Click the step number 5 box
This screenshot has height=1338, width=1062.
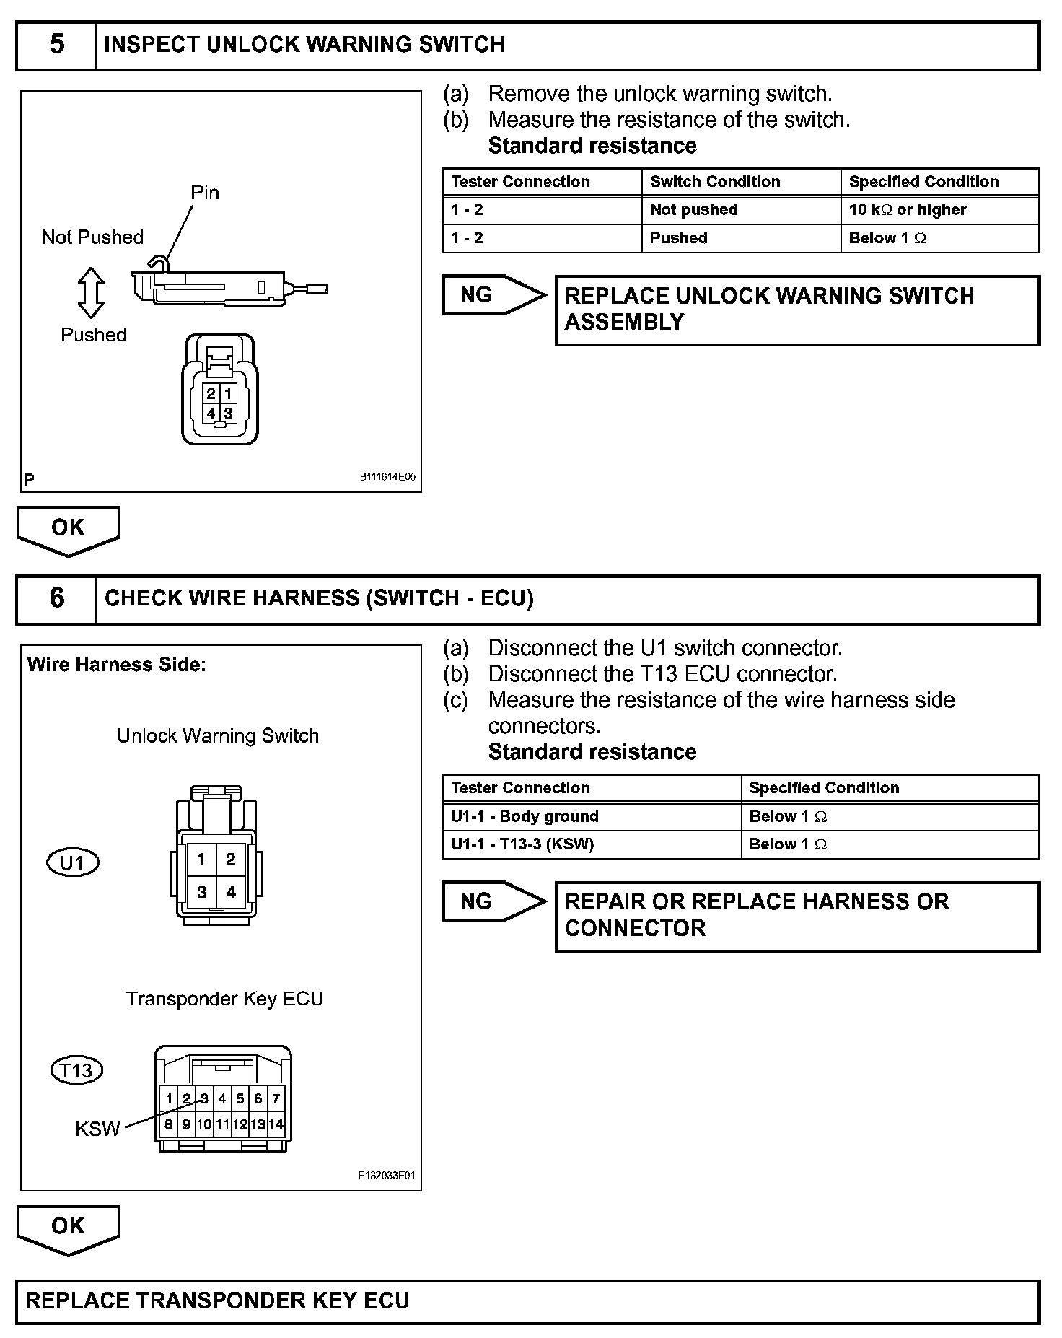pos(56,45)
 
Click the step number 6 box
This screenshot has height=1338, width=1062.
pos(56,598)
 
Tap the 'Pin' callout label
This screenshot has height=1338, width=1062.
pos(204,193)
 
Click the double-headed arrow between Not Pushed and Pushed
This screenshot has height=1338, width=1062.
pos(91,292)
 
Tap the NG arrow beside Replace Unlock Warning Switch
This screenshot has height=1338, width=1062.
pos(493,295)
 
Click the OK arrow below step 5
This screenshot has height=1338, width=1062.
pos(68,529)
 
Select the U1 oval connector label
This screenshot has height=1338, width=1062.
pos(72,862)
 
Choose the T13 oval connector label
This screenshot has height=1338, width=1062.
pos(76,1070)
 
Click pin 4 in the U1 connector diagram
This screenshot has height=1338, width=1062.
pos(231,893)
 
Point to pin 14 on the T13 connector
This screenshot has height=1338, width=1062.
pos(276,1124)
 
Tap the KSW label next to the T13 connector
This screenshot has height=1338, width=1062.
pos(97,1129)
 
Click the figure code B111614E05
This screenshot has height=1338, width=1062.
pos(387,477)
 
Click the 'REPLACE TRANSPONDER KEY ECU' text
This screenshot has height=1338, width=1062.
pos(217,1300)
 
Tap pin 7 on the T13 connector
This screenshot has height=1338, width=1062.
pos(276,1099)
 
